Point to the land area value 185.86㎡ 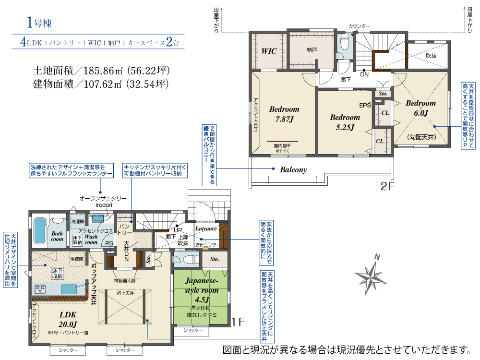[x=98, y=71]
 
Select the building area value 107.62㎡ [x=98, y=84]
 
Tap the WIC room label [x=269, y=51]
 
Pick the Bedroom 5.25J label [x=345, y=122]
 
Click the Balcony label [x=293, y=169]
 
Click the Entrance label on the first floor [x=206, y=229]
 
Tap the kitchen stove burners [x=39, y=289]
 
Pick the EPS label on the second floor [x=364, y=105]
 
